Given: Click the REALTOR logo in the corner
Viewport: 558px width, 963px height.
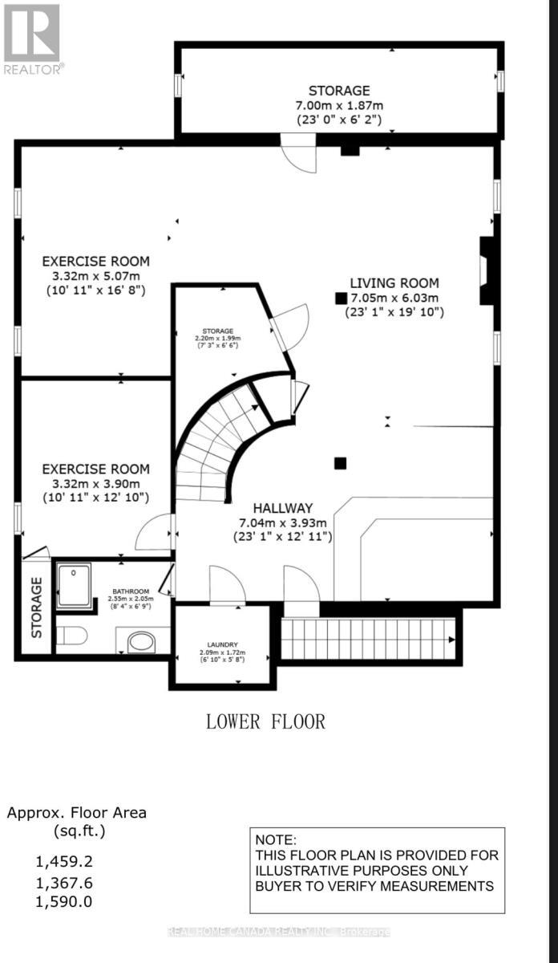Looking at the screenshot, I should pos(32,39).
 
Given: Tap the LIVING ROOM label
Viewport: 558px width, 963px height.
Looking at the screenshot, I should pos(394,282).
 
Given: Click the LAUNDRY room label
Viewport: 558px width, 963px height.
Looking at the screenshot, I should pos(222,643).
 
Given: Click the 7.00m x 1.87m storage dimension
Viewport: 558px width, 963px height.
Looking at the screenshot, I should pos(339,105).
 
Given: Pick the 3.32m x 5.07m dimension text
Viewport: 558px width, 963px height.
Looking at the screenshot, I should pos(95,276).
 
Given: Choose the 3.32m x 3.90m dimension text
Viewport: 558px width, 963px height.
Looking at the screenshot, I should pos(95,483).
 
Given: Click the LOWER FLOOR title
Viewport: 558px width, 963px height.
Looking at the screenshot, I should pos(266,721).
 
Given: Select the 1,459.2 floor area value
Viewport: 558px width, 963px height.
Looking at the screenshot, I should pos(64,862).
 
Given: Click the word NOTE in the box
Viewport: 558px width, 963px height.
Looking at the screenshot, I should pos(276,840).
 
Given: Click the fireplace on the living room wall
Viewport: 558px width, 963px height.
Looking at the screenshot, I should pos(486,270).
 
